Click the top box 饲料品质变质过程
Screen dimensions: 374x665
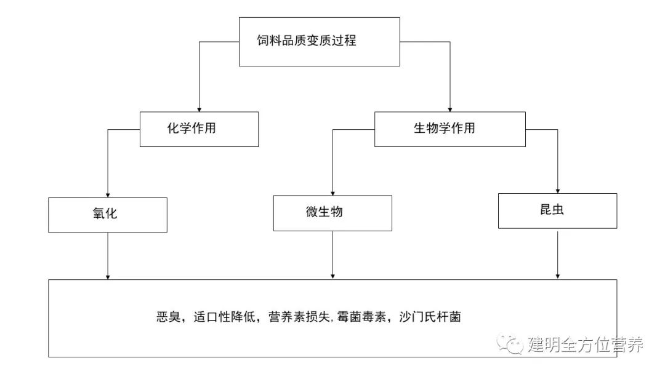click(x=319, y=42)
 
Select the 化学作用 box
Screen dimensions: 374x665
click(x=199, y=129)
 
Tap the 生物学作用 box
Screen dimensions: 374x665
click(x=449, y=129)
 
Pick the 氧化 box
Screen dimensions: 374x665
click(x=108, y=215)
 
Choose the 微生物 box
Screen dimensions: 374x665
click(x=332, y=213)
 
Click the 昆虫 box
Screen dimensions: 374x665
click(x=557, y=210)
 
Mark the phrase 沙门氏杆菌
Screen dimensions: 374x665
click(x=430, y=318)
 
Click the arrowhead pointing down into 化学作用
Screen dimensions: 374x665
click(x=199, y=108)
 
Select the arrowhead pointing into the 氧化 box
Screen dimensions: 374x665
click(x=108, y=194)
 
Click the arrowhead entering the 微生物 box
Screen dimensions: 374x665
click(x=332, y=192)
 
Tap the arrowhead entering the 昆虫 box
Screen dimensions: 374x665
click(x=557, y=189)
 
